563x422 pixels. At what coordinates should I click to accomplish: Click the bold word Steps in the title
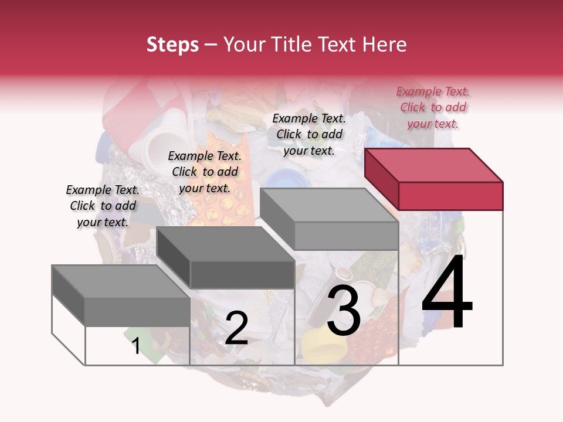pos(172,45)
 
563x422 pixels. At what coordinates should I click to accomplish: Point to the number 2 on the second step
pos(236,328)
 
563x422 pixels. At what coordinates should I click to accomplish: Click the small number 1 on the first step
pos(136,346)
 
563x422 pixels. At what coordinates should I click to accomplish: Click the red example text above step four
pos(433,107)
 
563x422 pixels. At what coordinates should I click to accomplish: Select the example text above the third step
pos(309,134)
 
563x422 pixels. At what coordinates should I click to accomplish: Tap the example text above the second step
pos(205,172)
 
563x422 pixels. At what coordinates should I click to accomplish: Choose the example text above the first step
pos(103,206)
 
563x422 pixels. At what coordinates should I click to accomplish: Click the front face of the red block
pos(450,196)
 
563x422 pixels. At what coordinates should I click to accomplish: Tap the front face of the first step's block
pos(137,311)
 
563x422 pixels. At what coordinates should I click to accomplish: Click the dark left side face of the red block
pos(381,179)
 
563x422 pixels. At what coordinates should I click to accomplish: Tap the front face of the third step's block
pos(346,236)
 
